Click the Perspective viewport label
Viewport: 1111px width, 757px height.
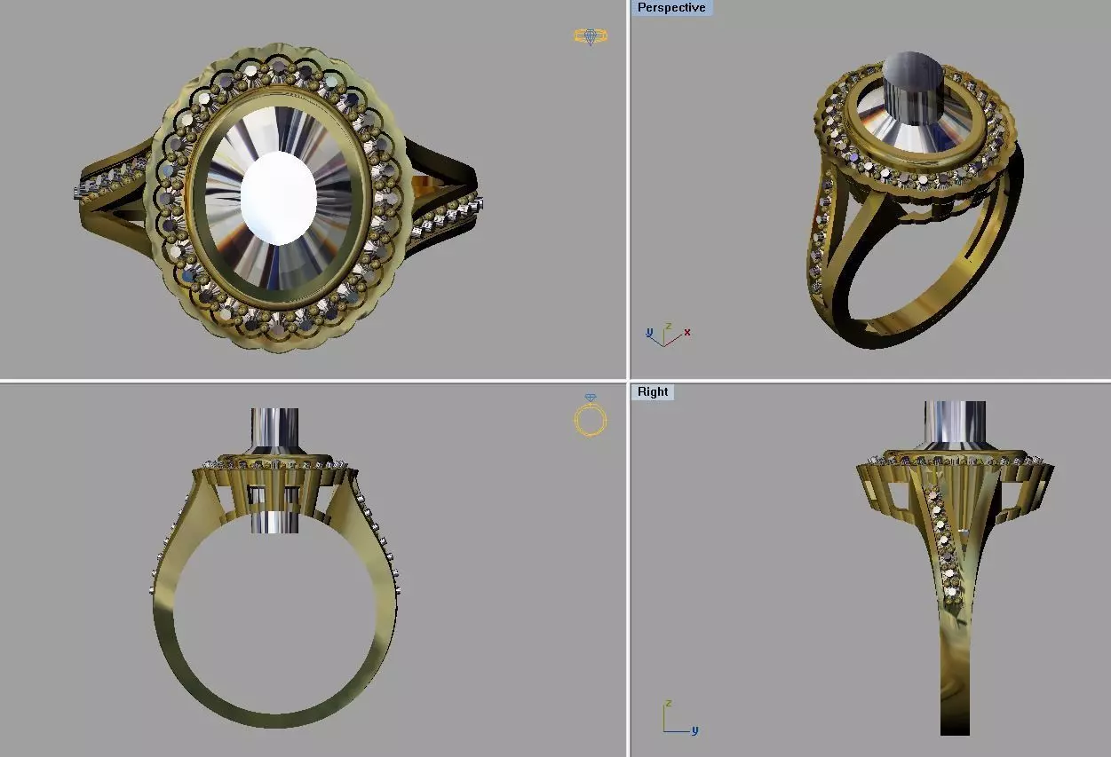pos(671,8)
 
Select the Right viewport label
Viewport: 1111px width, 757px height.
pos(652,391)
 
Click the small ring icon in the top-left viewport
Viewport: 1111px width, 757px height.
pos(590,36)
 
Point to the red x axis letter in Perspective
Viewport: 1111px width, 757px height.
pos(687,333)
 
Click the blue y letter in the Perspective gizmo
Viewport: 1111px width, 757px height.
pos(649,333)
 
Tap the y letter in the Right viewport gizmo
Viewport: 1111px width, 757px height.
pos(694,730)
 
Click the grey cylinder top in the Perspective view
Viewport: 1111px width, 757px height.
pos(917,70)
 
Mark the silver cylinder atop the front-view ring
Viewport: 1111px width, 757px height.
pos(274,430)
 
